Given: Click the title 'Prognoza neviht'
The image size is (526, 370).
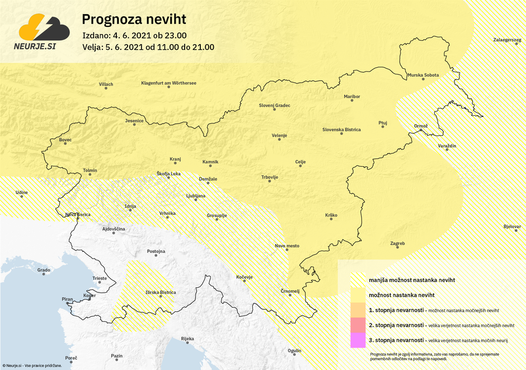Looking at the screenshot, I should pos(134,20).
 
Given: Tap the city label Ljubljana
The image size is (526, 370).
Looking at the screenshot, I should pos(196,196).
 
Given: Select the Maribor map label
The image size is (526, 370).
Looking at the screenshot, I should pos(352,97).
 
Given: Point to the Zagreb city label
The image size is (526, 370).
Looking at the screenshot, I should pos(397,243).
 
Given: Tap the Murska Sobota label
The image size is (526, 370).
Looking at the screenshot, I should pos(423,75).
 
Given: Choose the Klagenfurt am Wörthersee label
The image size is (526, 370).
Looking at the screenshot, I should pos(168,83).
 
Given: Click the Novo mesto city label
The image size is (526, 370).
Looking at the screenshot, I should pos(287,246).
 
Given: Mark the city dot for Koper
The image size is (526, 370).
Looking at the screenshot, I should pos(90,300).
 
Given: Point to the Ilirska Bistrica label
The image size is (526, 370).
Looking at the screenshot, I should pos(161,292).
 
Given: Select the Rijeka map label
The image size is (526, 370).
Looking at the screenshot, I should pos(187,339).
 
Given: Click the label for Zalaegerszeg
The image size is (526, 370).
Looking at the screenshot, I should pos(507,41).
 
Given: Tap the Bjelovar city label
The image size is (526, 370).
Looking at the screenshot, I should pos(512,227).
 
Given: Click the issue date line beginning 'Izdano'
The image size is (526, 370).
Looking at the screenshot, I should pos(142,36).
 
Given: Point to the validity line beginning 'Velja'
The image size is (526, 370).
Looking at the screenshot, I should pos(148,47).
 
